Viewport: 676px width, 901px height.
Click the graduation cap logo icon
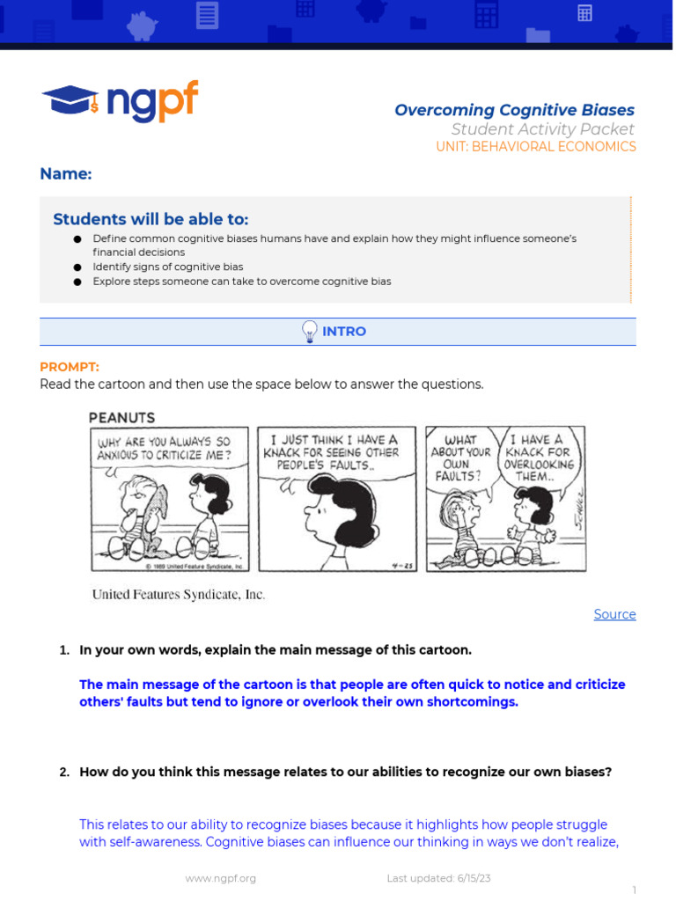70,100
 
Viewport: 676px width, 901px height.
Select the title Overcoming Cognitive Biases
514,110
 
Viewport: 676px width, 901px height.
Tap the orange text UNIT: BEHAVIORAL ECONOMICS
535,147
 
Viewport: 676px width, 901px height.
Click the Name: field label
66,174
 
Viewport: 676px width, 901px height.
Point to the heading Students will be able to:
151,219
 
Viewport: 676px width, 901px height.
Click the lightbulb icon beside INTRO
310,332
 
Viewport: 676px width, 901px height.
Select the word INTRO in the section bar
344,332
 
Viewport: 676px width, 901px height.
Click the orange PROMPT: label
70,367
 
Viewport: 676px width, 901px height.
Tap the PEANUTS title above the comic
121,417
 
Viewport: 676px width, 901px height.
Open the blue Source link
614,614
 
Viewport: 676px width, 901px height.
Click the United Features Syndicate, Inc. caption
179,595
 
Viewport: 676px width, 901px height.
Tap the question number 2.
64,773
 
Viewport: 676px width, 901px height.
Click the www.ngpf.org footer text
221,878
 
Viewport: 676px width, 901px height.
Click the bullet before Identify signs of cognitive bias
77,267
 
